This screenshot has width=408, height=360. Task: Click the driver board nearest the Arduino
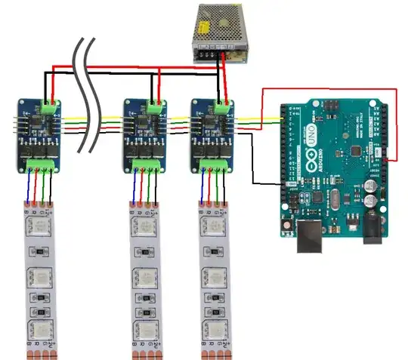click(214, 137)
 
